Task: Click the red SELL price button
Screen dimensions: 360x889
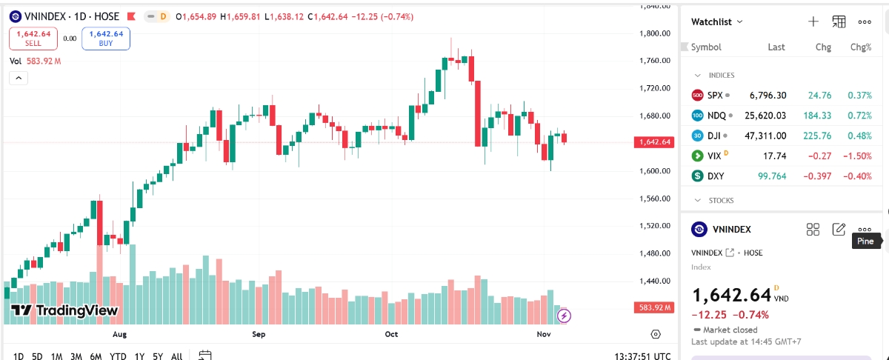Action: (33, 38)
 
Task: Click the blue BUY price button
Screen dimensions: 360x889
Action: (105, 38)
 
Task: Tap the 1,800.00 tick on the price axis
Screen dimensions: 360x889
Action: (656, 33)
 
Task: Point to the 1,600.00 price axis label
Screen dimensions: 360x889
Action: (656, 171)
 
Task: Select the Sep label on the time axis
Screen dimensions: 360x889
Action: (259, 335)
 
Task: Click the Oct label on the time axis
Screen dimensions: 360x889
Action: (391, 335)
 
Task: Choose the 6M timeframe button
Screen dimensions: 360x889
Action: (96, 356)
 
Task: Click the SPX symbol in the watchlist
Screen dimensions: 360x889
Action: (714, 96)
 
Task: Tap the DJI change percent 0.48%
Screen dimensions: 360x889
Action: (859, 136)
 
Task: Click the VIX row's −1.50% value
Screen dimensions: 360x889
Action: (857, 156)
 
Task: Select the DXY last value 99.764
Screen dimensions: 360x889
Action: (772, 176)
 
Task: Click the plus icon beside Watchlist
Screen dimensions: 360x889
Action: (813, 21)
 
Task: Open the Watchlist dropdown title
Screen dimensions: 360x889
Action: (716, 22)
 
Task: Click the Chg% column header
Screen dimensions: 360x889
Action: (860, 47)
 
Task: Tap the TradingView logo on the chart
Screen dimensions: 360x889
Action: (64, 311)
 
